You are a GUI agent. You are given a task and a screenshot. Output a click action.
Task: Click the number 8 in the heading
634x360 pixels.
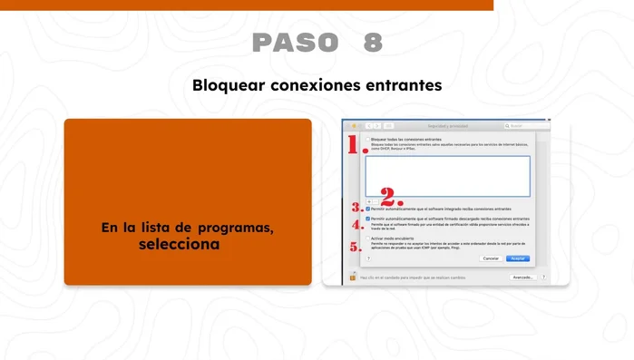coord(372,42)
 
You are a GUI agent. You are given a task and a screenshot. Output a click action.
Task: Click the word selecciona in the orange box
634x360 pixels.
coord(180,244)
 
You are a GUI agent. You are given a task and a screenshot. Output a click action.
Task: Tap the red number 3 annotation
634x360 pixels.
coord(356,209)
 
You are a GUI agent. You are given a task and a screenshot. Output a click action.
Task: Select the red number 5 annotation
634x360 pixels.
coord(356,245)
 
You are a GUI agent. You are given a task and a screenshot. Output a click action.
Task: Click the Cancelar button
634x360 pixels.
coord(491,258)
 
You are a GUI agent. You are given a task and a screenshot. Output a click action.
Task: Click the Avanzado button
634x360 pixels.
coord(522,277)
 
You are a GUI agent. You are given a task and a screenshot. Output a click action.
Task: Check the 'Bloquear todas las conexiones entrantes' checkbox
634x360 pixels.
coord(367,140)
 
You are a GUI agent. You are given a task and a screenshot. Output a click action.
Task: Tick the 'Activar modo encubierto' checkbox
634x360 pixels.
coord(367,238)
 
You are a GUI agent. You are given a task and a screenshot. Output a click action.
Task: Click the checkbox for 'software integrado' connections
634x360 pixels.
coord(367,209)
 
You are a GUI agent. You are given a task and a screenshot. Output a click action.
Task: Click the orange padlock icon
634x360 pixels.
coord(352,277)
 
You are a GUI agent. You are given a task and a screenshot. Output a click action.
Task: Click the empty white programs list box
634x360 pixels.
coord(447,175)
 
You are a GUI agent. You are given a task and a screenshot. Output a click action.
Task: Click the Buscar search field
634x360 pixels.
coord(528,126)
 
